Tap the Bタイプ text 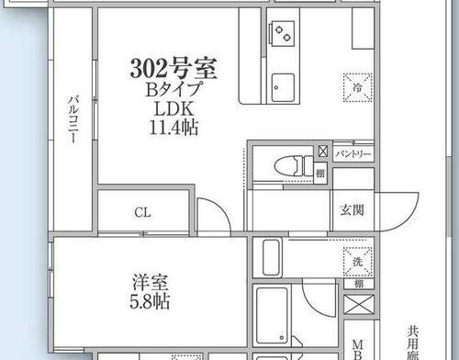[x=166, y=89]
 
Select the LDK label [x=166, y=108]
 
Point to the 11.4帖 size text [x=166, y=128]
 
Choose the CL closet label [x=142, y=213]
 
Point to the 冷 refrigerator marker [x=357, y=84]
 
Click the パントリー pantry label [x=353, y=153]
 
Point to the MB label [x=359, y=350]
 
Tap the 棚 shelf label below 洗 [x=359, y=284]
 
